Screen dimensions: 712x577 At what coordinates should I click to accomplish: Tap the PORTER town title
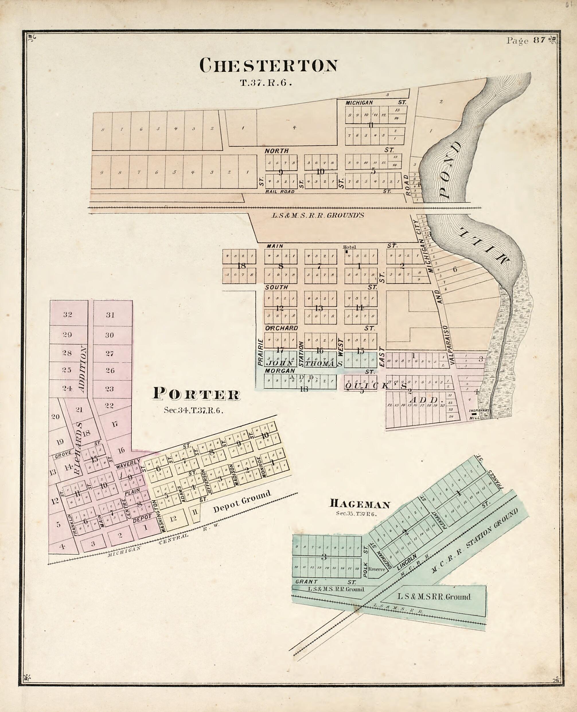(x=196, y=394)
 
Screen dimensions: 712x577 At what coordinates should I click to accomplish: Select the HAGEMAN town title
(x=359, y=504)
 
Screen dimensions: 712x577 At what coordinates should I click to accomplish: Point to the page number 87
(x=539, y=40)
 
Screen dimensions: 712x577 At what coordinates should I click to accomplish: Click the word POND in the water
(x=450, y=170)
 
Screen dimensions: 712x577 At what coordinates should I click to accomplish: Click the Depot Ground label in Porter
(x=242, y=501)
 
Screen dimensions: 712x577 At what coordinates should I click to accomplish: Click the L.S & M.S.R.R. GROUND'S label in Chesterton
(x=318, y=215)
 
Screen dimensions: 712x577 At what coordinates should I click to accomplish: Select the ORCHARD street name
(x=281, y=328)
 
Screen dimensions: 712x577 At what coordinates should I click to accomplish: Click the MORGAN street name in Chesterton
(x=280, y=370)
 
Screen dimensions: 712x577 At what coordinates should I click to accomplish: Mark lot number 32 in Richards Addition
(x=67, y=314)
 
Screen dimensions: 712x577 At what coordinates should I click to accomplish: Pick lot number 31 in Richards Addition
(x=110, y=315)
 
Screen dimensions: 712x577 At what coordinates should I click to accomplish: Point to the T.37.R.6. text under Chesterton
(x=266, y=83)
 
